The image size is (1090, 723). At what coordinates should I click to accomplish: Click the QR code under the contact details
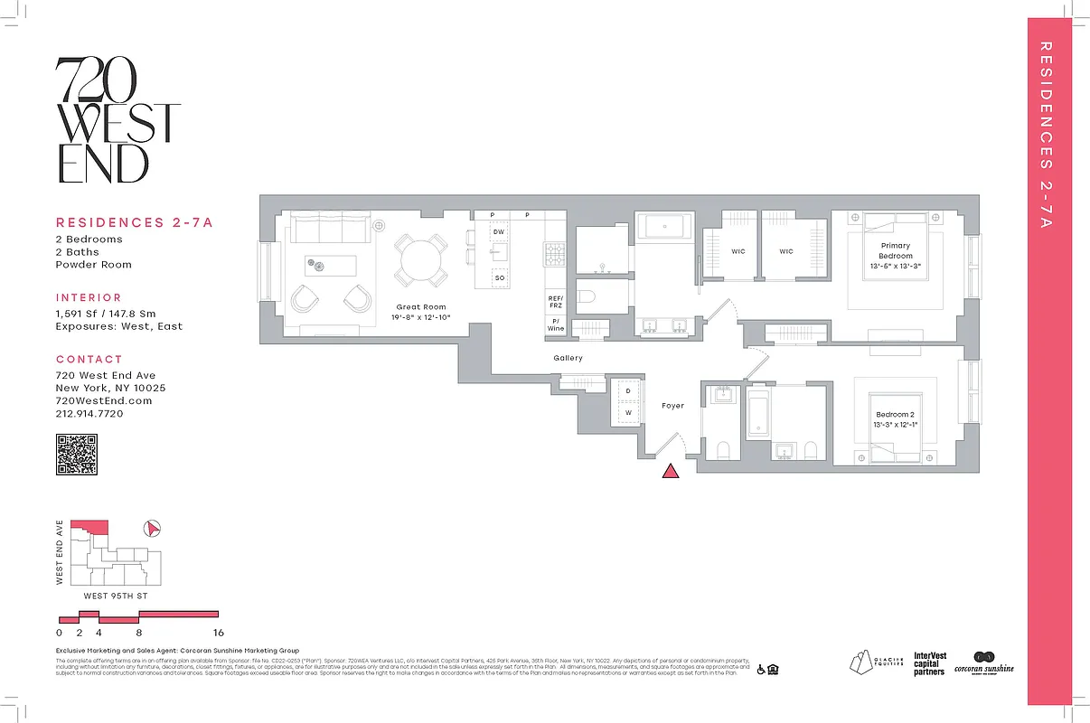(76, 454)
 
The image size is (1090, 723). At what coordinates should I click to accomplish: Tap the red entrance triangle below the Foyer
(671, 471)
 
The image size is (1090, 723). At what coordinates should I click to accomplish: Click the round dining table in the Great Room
(420, 259)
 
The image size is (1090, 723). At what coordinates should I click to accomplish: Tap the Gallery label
(568, 358)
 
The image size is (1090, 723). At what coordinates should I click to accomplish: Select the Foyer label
(672, 406)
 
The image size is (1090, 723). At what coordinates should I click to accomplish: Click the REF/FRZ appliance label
(555, 302)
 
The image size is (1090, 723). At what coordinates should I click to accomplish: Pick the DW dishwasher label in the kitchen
(498, 232)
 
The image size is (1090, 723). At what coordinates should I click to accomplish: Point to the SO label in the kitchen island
(498, 278)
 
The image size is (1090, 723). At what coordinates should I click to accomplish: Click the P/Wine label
(555, 324)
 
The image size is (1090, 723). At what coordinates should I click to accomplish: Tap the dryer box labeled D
(628, 391)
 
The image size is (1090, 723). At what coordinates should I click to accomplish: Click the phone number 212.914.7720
(89, 414)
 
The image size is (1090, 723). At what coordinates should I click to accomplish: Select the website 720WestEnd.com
(104, 400)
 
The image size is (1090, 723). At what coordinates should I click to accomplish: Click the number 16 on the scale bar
(218, 633)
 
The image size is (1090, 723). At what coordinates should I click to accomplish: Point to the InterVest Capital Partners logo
(929, 664)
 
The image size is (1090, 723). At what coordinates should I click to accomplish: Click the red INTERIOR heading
(89, 297)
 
